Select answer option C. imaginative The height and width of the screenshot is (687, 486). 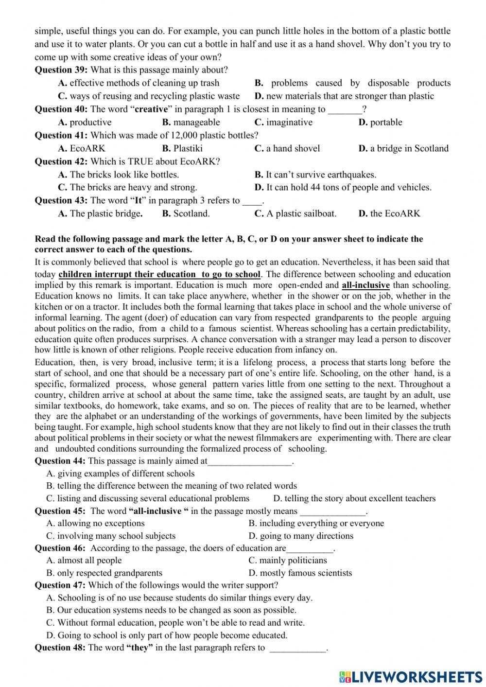(x=283, y=122)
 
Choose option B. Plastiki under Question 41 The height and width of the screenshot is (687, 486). (x=182, y=148)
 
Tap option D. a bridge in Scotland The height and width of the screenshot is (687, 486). (x=403, y=148)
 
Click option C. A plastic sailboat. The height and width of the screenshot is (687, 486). (x=295, y=213)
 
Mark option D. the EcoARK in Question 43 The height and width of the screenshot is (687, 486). (x=389, y=213)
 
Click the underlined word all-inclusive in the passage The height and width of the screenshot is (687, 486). (x=365, y=285)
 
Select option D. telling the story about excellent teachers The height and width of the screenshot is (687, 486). (x=354, y=498)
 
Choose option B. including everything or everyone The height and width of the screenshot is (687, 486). (x=316, y=523)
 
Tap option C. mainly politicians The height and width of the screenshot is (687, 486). (x=287, y=561)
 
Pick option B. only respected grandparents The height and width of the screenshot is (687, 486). (x=104, y=573)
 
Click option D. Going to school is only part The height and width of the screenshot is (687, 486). (x=167, y=635)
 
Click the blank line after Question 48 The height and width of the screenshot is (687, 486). (x=297, y=650)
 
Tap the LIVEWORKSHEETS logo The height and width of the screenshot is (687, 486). (x=410, y=676)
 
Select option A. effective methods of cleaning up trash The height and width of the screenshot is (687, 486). (x=139, y=83)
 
